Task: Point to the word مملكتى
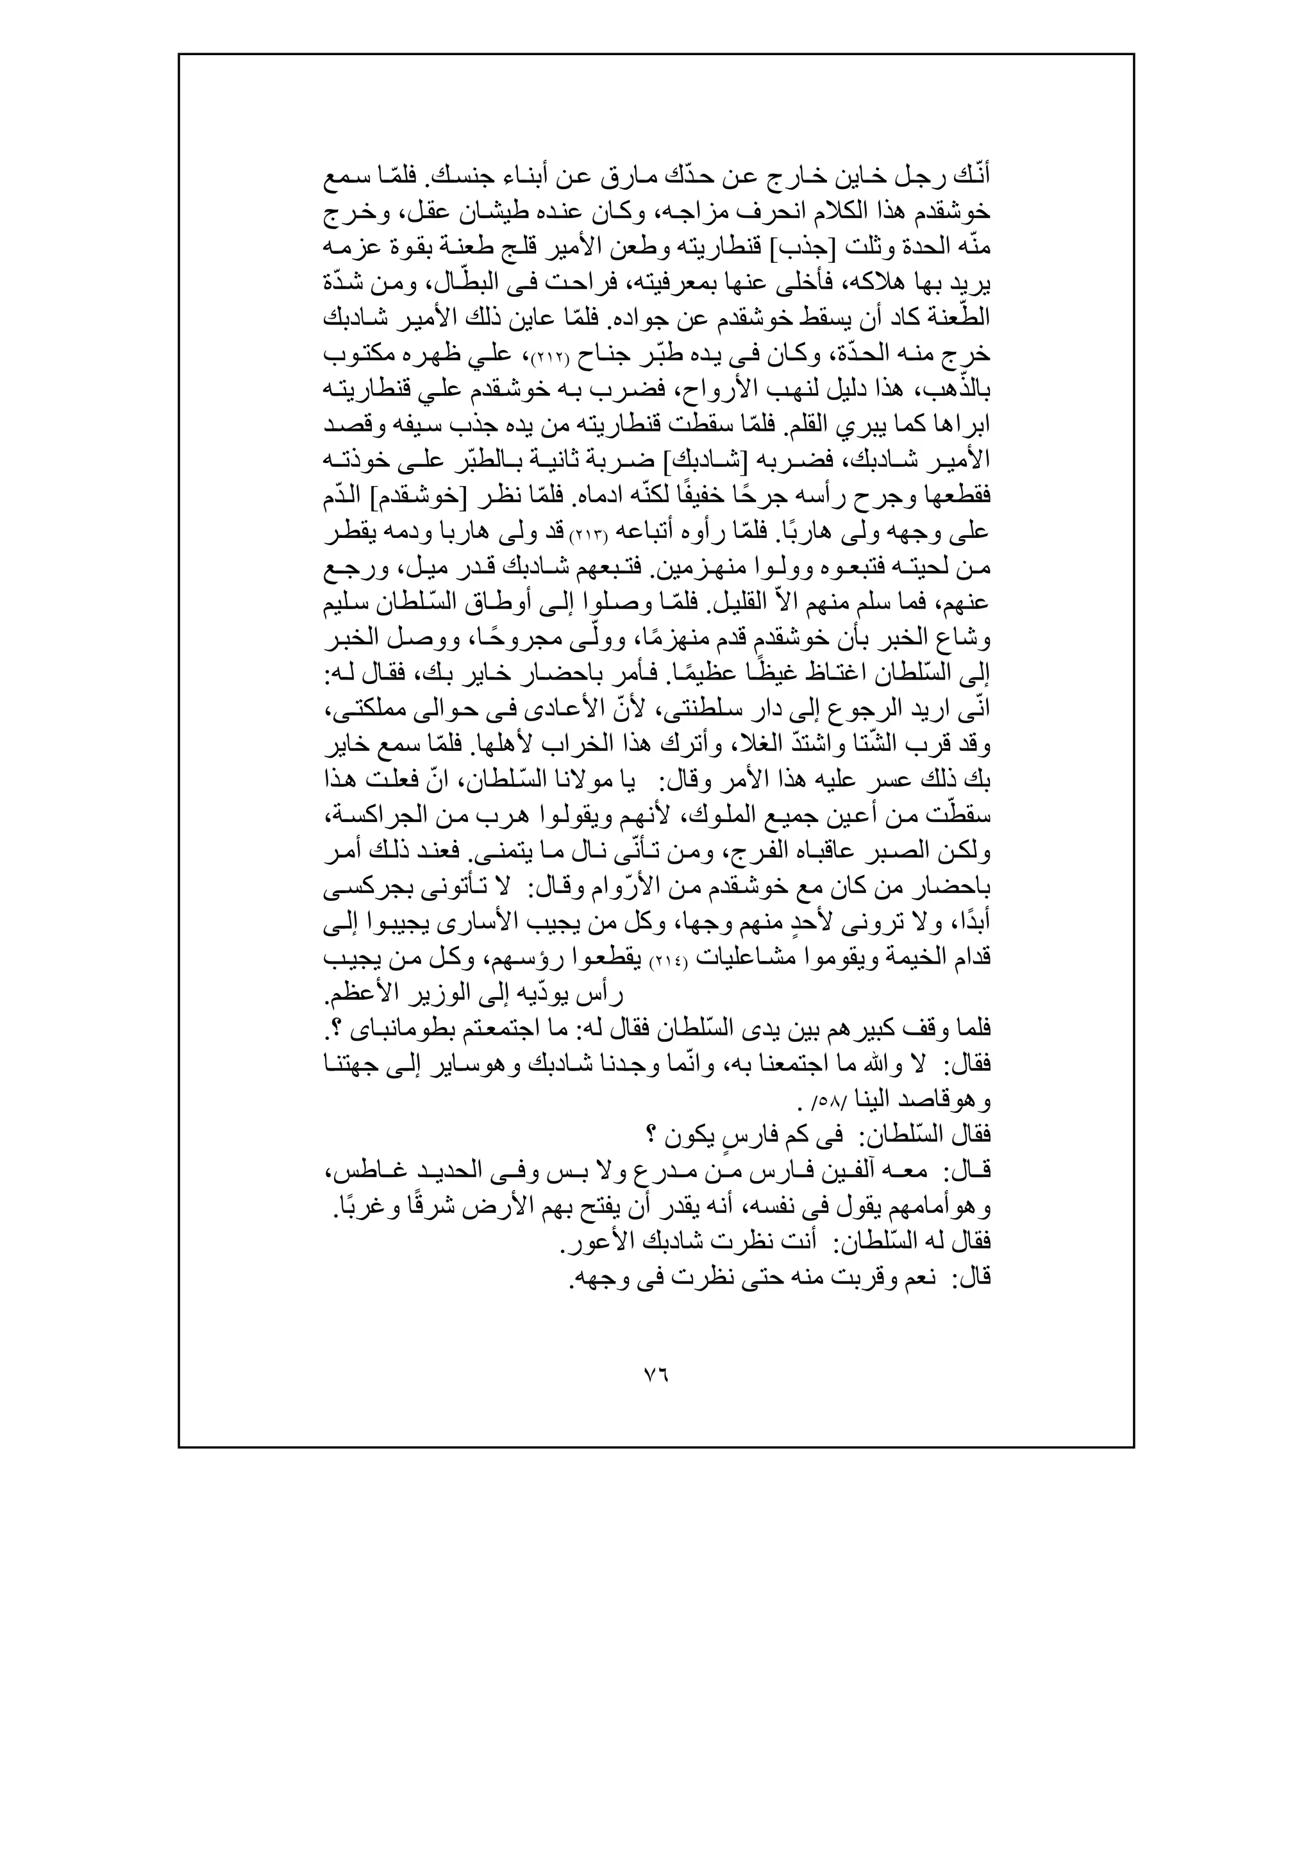362,710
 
